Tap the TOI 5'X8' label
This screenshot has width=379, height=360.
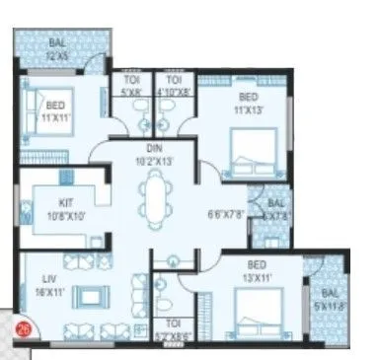(x=130, y=86)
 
